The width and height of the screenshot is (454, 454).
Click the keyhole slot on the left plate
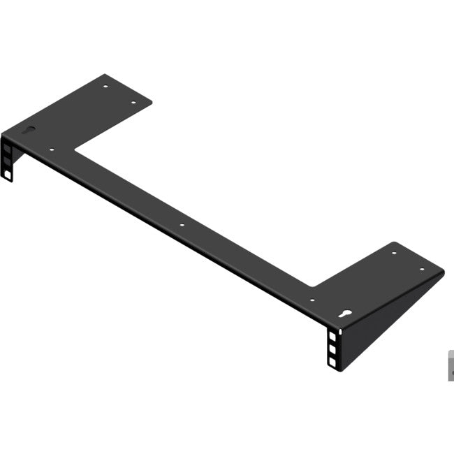click(x=29, y=130)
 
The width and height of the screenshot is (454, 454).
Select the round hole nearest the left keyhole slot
click(x=52, y=149)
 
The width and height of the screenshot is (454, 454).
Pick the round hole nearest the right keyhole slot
click(x=312, y=300)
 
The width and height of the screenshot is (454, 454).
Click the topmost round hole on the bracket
click(x=105, y=87)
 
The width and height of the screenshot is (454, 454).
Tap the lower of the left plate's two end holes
click(x=135, y=103)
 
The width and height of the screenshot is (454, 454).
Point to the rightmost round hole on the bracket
click(x=422, y=269)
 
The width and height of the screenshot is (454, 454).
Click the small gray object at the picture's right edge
click(x=451, y=365)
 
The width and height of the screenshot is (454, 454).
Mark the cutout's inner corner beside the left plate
click(x=75, y=148)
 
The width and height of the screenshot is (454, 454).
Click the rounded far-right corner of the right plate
click(x=441, y=271)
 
